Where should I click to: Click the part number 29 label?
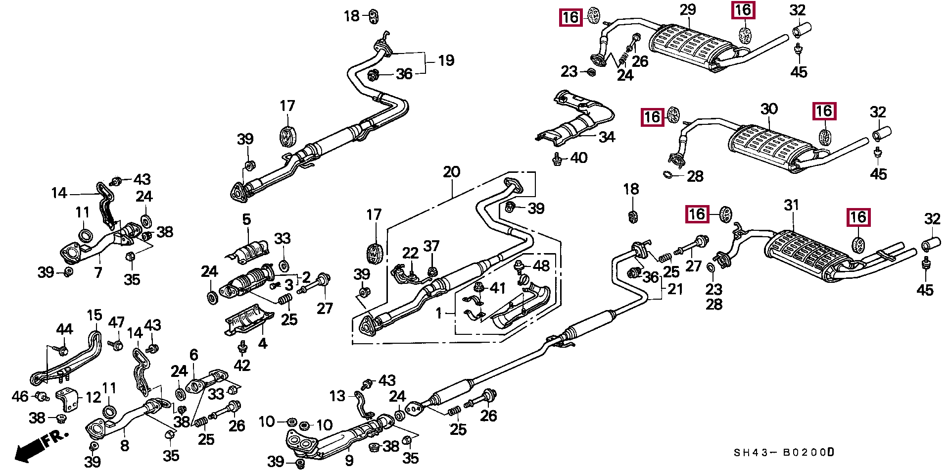click(x=688, y=9)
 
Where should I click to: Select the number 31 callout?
click(x=792, y=205)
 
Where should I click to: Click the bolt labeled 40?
click(x=557, y=159)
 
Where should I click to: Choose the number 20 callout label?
click(x=451, y=172)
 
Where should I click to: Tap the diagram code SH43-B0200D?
click(x=784, y=452)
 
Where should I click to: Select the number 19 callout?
click(x=446, y=60)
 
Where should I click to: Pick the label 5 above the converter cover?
click(x=246, y=219)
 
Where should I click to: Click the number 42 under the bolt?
click(x=242, y=365)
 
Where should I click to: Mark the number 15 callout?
click(x=94, y=315)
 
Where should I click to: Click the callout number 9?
click(x=349, y=461)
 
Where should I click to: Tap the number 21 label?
click(x=675, y=289)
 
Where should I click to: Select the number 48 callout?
click(x=541, y=265)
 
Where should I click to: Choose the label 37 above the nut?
click(x=431, y=246)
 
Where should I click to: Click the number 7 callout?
click(x=98, y=272)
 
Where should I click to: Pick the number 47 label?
click(x=116, y=322)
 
